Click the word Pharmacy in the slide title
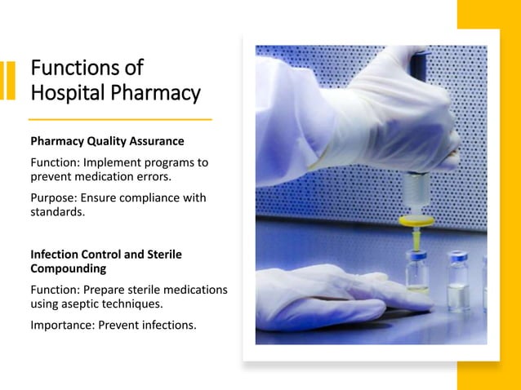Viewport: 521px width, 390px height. tap(155, 93)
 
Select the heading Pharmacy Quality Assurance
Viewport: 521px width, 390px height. tap(107, 141)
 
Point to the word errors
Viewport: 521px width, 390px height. tap(155, 176)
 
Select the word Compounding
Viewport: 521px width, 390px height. tap(69, 268)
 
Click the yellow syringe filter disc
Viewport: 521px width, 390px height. tap(417, 219)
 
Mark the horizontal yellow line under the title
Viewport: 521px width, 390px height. tap(121, 120)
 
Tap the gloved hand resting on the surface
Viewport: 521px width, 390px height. tap(327, 296)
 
